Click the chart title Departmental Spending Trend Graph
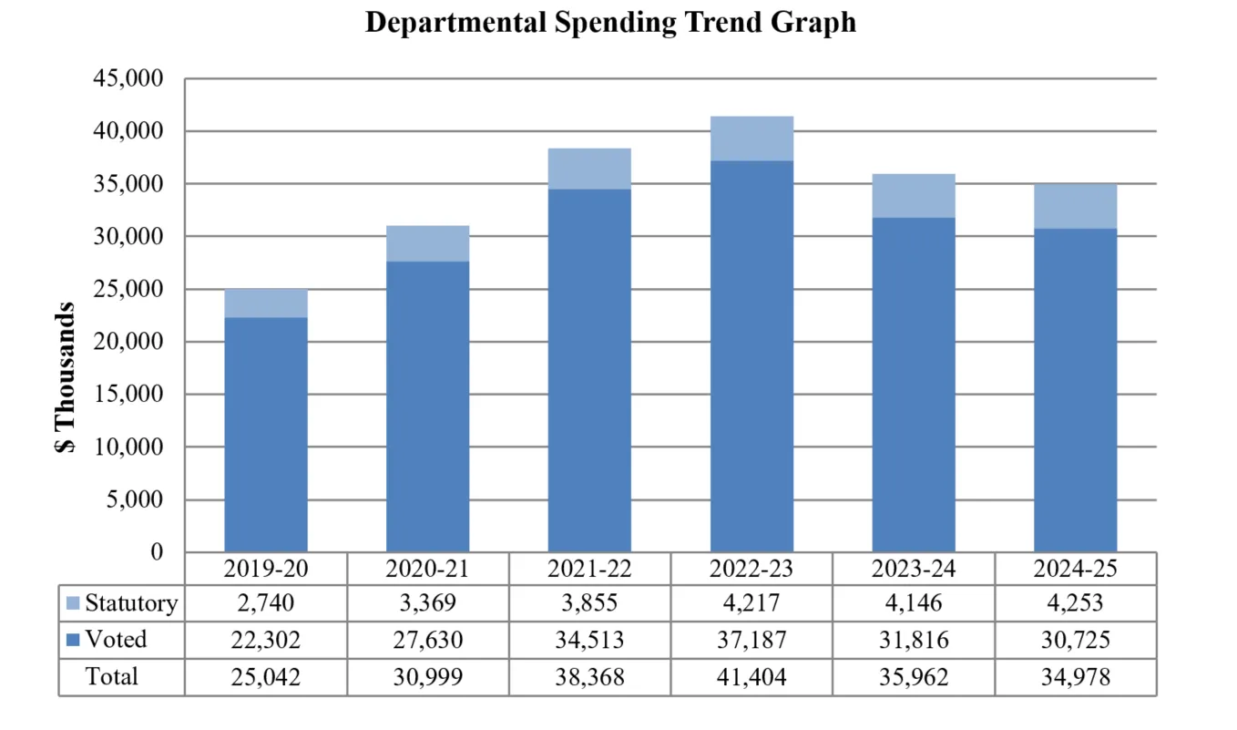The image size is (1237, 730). [610, 22]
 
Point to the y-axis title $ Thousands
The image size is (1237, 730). [64, 377]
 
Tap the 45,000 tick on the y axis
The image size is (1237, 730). [128, 78]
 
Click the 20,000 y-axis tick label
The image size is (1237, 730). [128, 342]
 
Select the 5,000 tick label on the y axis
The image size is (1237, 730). [134, 499]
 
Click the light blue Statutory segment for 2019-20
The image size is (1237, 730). [266, 303]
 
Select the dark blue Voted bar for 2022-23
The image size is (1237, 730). [751, 355]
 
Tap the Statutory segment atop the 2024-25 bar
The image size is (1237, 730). [1075, 206]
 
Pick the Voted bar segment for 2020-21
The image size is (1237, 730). [427, 406]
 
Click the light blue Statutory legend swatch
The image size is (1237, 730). [73, 603]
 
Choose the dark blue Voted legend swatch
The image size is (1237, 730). [73, 640]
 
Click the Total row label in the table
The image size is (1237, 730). [111, 676]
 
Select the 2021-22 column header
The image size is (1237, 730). [589, 569]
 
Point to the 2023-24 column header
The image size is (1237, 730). [914, 569]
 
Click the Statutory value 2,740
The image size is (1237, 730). [266, 603]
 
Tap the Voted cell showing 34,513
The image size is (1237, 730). [589, 640]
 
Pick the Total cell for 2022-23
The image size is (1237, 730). [751, 676]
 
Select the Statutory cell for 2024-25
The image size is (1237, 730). [1075, 603]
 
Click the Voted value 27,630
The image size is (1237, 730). [427, 640]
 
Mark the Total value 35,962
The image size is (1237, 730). [914, 676]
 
